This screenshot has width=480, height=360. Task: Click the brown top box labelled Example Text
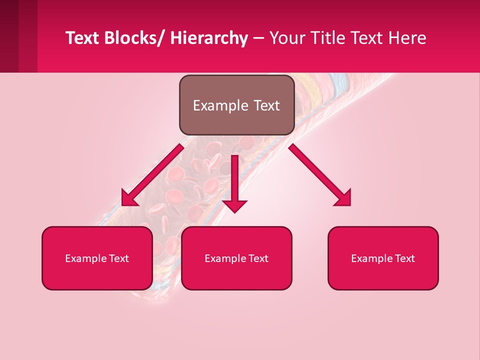pyautogui.click(x=236, y=105)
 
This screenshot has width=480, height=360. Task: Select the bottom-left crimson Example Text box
pyautogui.click(x=97, y=258)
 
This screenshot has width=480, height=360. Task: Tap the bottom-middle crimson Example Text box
pyautogui.click(x=236, y=258)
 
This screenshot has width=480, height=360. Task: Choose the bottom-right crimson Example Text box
pyautogui.click(x=383, y=258)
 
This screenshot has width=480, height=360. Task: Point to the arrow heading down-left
pyautogui.click(x=153, y=175)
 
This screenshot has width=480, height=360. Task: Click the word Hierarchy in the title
pyautogui.click(x=209, y=38)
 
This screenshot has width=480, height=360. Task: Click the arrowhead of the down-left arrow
pyautogui.click(x=128, y=198)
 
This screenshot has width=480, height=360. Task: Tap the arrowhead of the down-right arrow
pyautogui.click(x=343, y=198)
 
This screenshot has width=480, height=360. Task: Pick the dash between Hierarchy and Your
pyautogui.click(x=258, y=38)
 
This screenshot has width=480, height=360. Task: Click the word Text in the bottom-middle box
pyautogui.click(x=257, y=258)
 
